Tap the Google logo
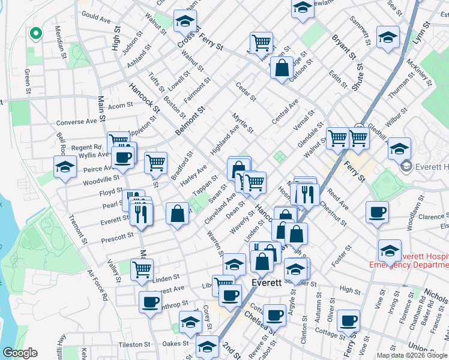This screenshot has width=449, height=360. coord(20,353)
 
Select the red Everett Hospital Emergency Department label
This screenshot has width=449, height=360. coord(409,260)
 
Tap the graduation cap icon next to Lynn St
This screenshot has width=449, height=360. coord(388,37)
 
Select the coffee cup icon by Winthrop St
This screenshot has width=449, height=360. coord(150,302)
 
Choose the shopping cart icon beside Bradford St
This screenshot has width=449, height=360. coord(155,161)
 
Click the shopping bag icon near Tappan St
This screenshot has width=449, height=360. coord(178,214)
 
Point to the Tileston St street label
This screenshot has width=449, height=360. coord(133,344)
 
